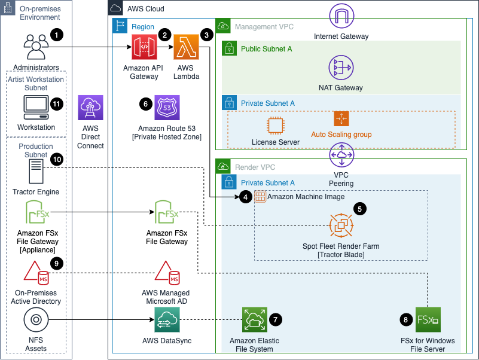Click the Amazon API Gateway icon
[x=144, y=47]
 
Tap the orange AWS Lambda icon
[x=186, y=47]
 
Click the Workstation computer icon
[x=36, y=107]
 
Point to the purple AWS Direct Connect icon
[x=90, y=108]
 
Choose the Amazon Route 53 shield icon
[x=167, y=107]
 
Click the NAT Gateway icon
[x=340, y=68]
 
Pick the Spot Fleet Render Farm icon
[x=341, y=226]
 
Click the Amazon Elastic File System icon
[x=254, y=320]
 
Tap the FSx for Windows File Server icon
[x=428, y=320]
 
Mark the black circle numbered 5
[x=359, y=209]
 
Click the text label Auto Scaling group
[x=341, y=135]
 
